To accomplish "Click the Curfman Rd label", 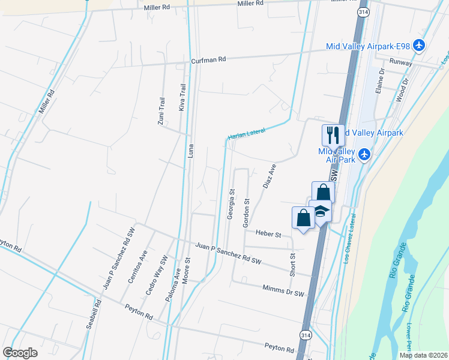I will pos(208,60).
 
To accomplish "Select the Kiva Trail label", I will pos(182,97).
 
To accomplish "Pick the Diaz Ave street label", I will pos(269,176).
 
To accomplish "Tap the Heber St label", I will pos(268,234).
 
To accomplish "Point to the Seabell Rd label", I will pos(92,313).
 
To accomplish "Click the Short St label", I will pos(293,264).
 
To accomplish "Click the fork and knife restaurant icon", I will pos(333,135).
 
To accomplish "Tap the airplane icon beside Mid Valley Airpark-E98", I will pos(419,46).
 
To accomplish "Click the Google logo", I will pos(20,353).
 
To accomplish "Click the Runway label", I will pos(400,62).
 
